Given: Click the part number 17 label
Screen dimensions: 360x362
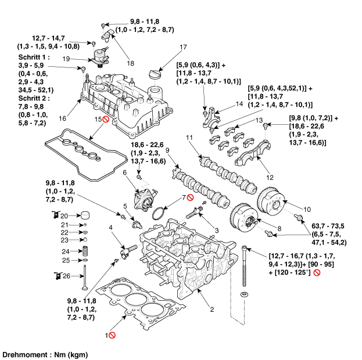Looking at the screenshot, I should (x=183, y=47).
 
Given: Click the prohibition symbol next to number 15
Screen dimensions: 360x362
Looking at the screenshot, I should (x=106, y=120).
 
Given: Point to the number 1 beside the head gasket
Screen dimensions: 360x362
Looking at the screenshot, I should (x=106, y=336).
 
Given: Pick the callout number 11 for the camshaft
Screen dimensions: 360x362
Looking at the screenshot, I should (x=188, y=137).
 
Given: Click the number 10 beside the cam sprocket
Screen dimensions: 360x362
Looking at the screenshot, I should (x=307, y=208).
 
